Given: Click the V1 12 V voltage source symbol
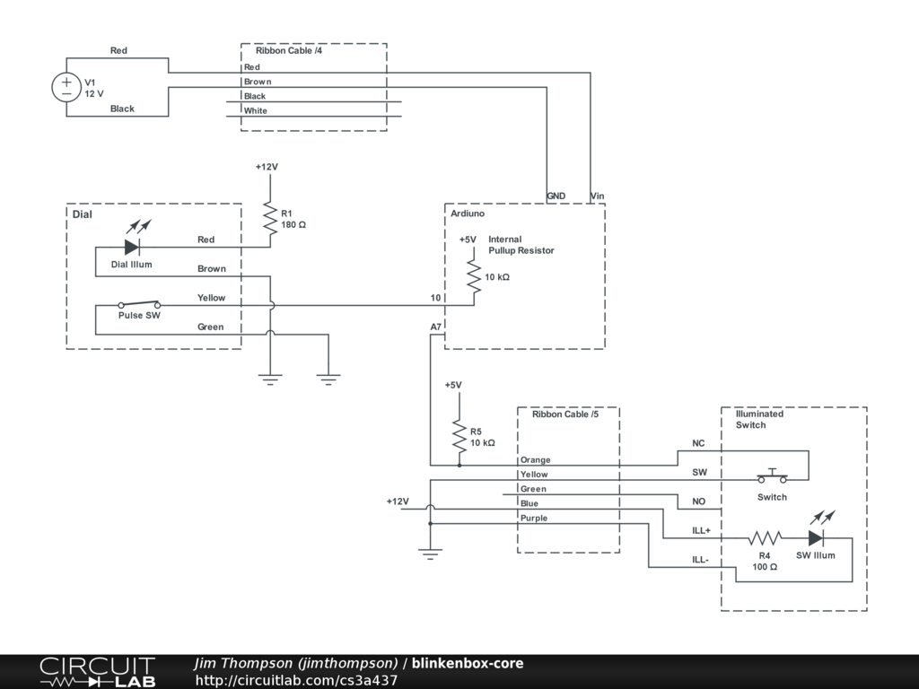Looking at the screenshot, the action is point(66,87).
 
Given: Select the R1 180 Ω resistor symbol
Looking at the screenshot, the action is point(270,219).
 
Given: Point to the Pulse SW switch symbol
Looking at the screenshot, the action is point(139,304).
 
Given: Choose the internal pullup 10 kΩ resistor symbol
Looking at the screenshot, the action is point(474,276).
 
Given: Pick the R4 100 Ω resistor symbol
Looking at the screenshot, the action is point(765,538).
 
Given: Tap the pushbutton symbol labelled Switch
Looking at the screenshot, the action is point(773,476).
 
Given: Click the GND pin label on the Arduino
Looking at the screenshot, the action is point(556,196).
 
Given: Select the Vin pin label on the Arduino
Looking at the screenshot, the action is point(597,196).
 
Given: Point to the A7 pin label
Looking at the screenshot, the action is point(436,327).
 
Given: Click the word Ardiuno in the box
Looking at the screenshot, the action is point(468,214).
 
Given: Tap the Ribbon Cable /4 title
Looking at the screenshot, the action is point(289,50).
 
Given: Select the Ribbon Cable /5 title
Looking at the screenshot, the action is point(565,414).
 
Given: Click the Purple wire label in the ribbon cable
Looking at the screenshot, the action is point(534,518).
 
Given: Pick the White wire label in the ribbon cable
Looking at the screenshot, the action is point(256,110).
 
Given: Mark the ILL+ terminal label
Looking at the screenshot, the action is point(701,531).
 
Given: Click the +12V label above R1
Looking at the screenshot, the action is point(267,167).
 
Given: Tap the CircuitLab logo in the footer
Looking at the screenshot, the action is point(97,672).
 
